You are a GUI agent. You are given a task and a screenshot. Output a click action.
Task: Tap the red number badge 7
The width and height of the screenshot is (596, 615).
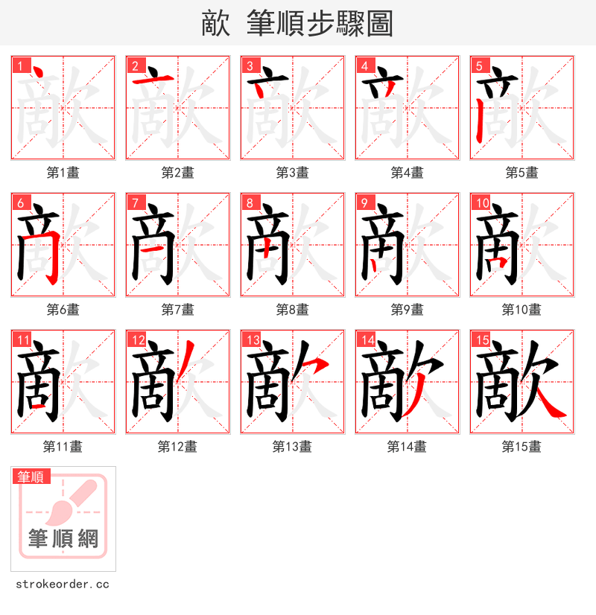coord(134,203)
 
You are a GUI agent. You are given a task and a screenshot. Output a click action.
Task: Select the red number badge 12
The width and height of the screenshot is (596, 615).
coord(136,340)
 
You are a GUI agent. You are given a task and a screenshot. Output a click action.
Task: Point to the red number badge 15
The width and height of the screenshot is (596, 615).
coord(481,340)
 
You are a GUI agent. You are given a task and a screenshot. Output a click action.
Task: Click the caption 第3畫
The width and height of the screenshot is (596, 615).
coord(292,173)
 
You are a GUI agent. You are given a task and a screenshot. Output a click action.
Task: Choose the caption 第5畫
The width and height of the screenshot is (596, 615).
coord(521,173)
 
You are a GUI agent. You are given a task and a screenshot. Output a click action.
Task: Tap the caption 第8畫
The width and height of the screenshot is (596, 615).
coord(292,310)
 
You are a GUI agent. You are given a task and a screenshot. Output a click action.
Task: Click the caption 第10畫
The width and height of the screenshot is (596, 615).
coord(521,310)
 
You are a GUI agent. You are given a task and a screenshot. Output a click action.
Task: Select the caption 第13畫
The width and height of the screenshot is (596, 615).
coord(292,447)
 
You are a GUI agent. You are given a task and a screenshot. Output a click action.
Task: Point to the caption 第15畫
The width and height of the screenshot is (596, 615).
coord(521,447)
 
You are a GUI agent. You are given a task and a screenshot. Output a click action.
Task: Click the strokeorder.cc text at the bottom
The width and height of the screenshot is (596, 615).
coord(63,584)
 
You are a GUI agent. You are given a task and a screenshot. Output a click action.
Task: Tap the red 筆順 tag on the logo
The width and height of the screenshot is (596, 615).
coord(31,477)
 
